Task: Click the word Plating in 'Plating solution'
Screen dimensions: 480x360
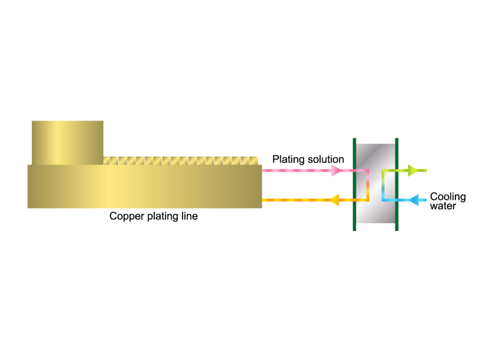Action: pos(289,160)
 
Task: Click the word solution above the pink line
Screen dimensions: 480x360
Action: pos(326,159)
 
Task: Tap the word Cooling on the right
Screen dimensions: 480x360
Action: pos(448,197)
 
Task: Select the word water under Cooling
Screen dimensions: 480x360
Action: pos(443,206)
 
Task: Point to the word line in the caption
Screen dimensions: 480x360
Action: pos(190,216)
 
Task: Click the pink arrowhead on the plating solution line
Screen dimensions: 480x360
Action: pos(336,170)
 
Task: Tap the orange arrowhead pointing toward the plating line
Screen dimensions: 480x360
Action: pos(335,200)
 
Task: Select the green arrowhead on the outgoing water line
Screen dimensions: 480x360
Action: pos(413,170)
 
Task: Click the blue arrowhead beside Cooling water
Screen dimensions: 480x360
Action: pos(414,200)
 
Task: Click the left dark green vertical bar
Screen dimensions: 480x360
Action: pos(355,184)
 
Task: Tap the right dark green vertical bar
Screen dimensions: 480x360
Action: pos(397,184)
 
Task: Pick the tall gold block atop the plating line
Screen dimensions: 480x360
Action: pos(68,143)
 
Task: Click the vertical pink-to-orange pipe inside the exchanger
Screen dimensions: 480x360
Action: pos(368,185)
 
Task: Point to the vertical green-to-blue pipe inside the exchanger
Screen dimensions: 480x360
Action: pos(383,185)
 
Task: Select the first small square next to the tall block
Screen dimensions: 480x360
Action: pos(107,161)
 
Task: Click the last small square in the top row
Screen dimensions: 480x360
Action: pos(254,161)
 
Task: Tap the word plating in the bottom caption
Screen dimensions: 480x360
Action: pos(163,217)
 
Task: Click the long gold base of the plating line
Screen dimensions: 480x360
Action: pos(145,187)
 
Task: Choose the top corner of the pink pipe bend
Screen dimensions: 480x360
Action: pos(368,170)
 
